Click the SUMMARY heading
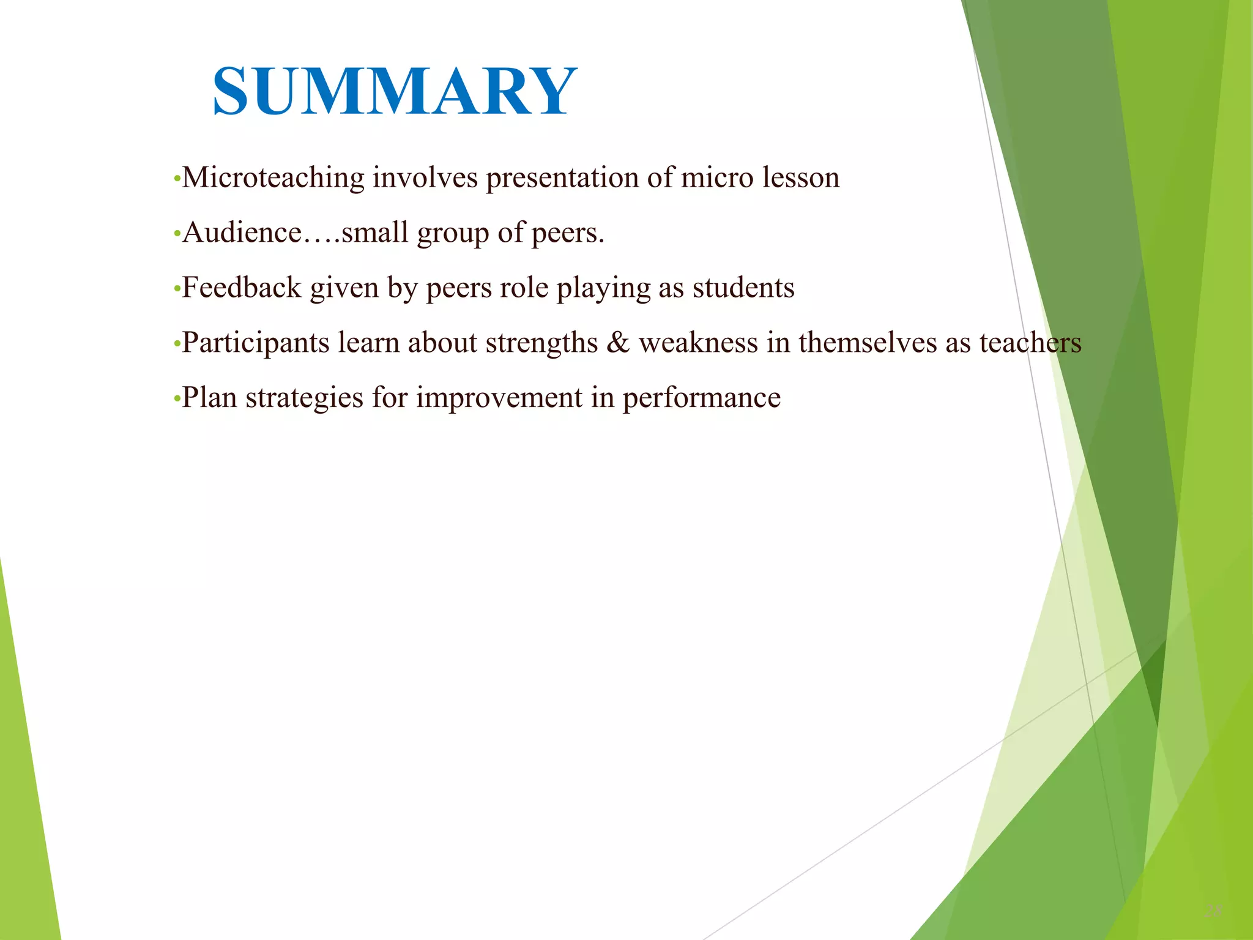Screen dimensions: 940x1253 (x=395, y=92)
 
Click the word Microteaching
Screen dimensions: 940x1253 (x=273, y=178)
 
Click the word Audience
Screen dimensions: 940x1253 (x=242, y=233)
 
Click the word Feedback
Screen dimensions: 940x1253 (x=242, y=288)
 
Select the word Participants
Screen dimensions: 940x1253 (x=256, y=343)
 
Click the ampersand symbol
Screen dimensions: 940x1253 (x=618, y=343)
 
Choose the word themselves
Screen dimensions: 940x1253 (x=867, y=343)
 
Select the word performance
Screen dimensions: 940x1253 (x=701, y=398)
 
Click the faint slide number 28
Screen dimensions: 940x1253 (x=1213, y=911)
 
